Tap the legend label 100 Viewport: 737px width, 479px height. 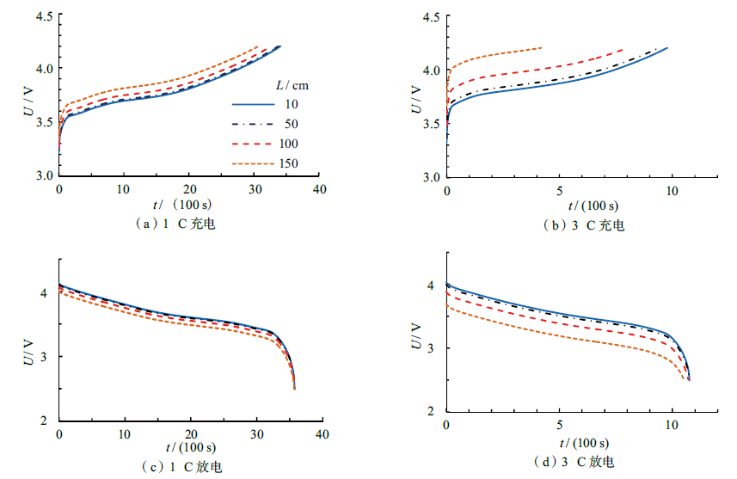coord(289,144)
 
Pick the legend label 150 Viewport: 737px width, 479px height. coord(289,163)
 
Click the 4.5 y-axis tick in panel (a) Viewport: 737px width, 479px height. coord(42,16)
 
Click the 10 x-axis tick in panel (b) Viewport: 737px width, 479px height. coord(672,190)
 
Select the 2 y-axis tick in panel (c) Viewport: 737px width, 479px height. coord(48,420)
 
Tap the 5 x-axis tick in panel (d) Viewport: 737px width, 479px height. coord(560,425)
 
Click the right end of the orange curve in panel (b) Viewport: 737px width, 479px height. coord(542,47)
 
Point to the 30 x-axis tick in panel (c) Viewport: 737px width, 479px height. coord(256,434)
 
